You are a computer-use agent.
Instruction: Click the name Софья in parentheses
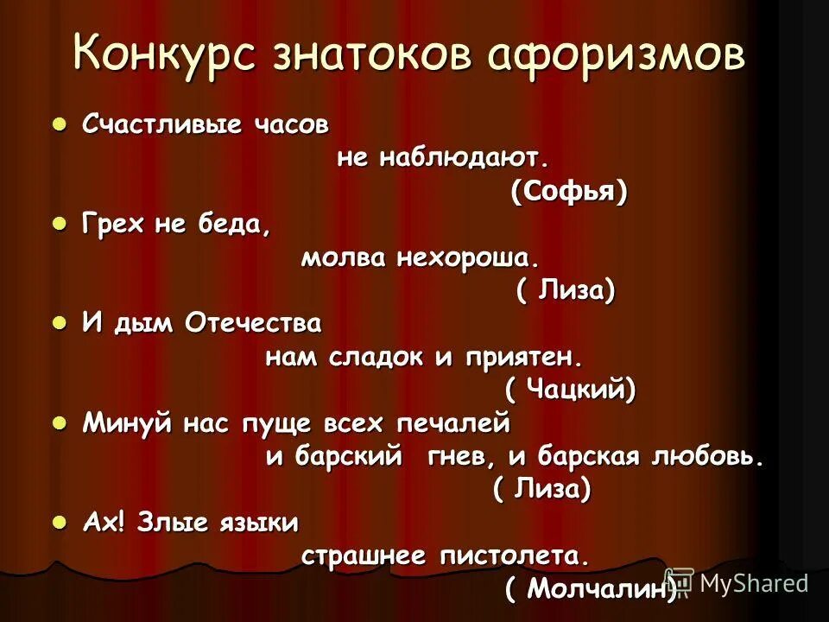pyautogui.click(x=568, y=192)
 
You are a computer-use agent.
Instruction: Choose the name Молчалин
pyautogui.click(x=590, y=589)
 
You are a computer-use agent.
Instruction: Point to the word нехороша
pyautogui.click(x=467, y=258)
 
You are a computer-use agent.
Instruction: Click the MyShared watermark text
pyautogui.click(x=753, y=582)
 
